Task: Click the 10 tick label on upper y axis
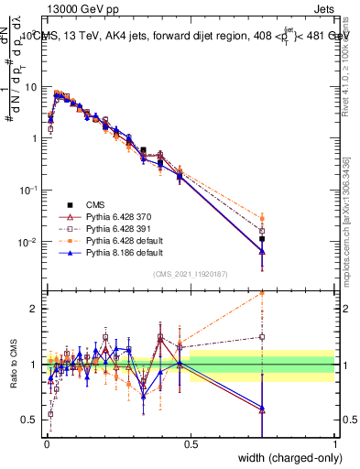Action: click(x=31, y=87)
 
